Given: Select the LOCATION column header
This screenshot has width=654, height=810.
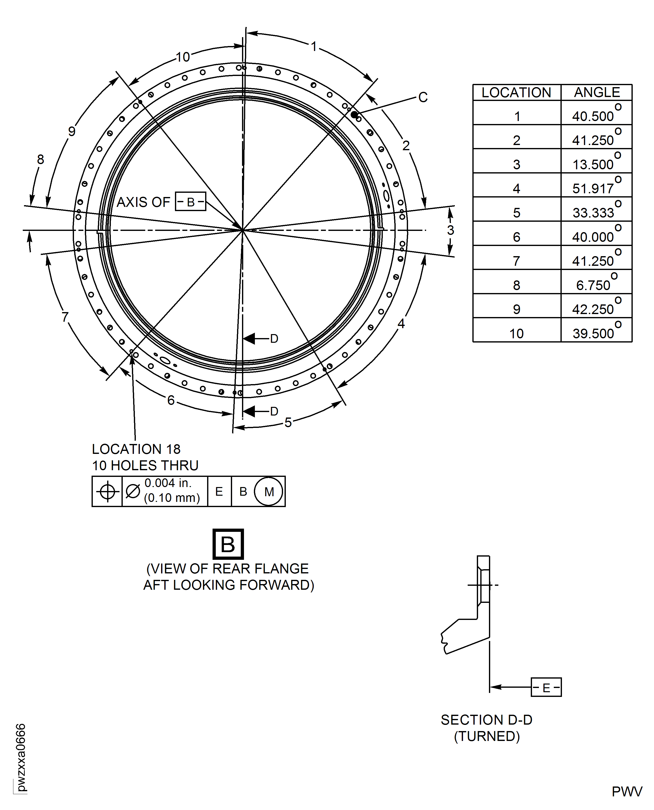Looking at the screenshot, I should [x=516, y=93].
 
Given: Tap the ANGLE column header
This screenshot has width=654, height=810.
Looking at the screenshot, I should [x=597, y=93].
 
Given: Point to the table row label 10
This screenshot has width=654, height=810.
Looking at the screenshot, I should [x=516, y=333].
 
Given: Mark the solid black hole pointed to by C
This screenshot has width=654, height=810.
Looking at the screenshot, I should [x=354, y=114].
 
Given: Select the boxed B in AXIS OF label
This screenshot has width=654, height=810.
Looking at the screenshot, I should [x=191, y=202].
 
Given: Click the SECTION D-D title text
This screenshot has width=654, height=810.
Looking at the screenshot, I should [x=486, y=720].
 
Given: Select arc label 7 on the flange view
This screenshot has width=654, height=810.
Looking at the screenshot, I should [x=65, y=317].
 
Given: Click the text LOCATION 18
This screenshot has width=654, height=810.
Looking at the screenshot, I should [x=136, y=449].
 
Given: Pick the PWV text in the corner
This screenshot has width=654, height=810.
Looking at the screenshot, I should [x=627, y=791].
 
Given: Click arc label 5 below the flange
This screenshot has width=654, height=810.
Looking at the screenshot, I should [x=288, y=423].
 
